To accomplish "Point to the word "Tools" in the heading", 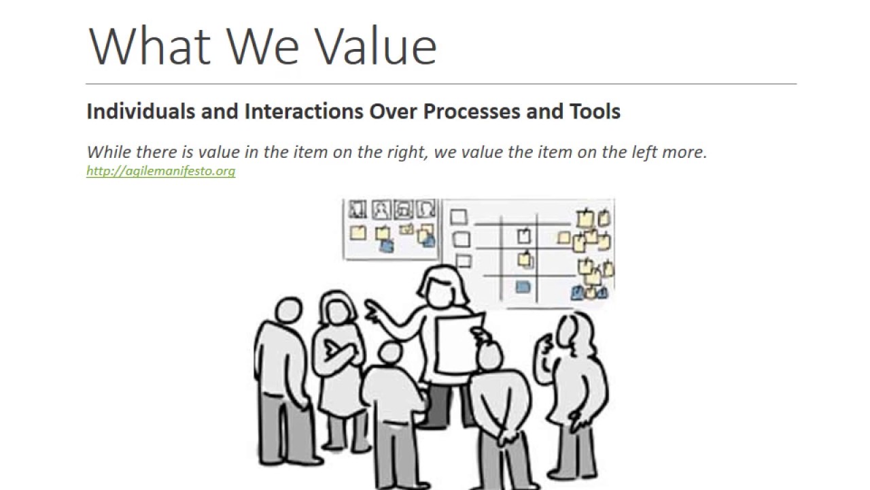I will (x=595, y=112).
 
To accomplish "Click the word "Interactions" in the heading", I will (x=304, y=112).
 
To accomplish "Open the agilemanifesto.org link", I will (x=160, y=171).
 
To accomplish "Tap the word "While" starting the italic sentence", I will (x=105, y=152).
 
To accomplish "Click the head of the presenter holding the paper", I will (x=444, y=287).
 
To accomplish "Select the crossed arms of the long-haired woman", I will (x=341, y=351).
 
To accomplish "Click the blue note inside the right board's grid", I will (x=523, y=287).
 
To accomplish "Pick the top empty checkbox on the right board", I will (x=459, y=217).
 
